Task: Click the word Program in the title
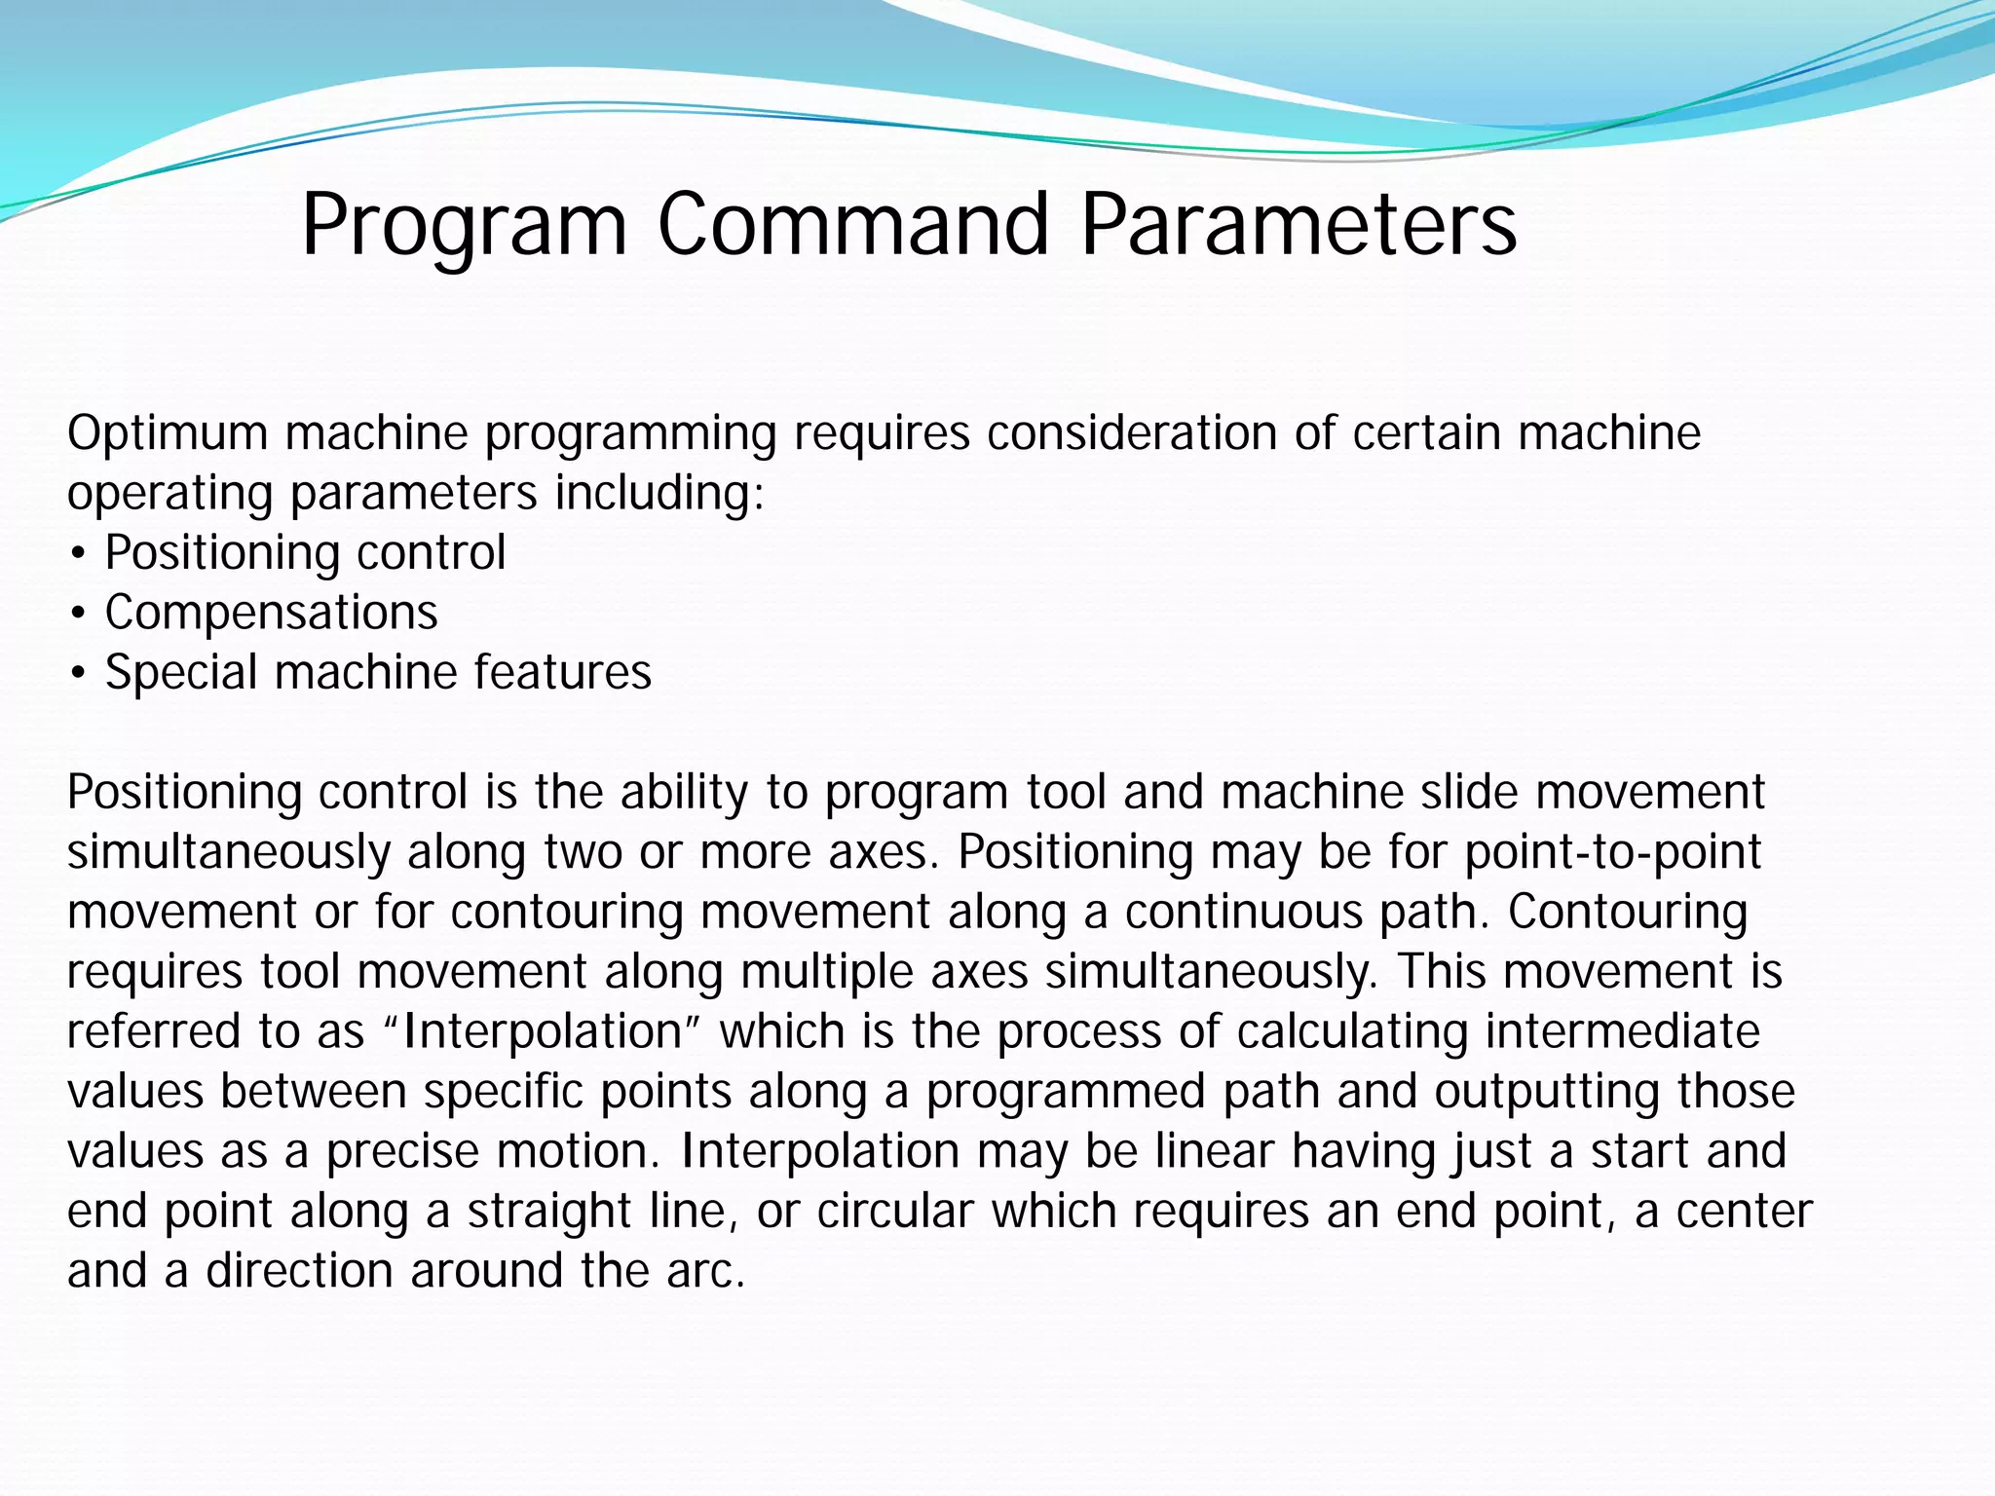pyautogui.click(x=464, y=226)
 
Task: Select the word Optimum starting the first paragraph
pyautogui.click(x=167, y=433)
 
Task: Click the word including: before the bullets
pyautogui.click(x=659, y=494)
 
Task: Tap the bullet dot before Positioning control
pyautogui.click(x=78, y=554)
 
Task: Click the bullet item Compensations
pyautogui.click(x=271, y=613)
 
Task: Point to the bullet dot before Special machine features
pyautogui.click(x=78, y=674)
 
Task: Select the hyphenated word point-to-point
pyautogui.click(x=1613, y=852)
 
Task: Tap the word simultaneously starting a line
pyautogui.click(x=227, y=852)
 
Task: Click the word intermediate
pyautogui.click(x=1622, y=1031)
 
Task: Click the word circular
pyautogui.click(x=895, y=1212)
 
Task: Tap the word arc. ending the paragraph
pyautogui.click(x=706, y=1271)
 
